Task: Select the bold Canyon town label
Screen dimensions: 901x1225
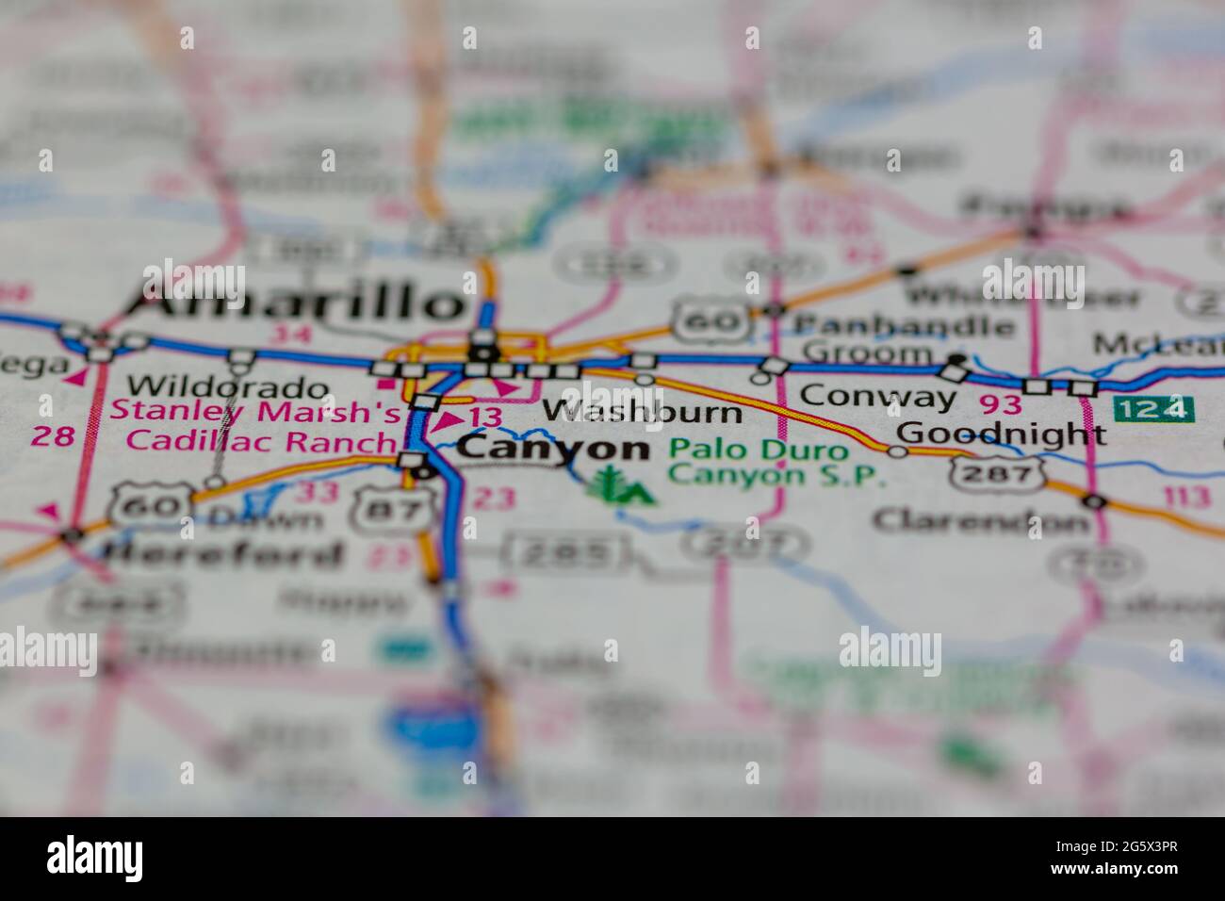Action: coord(553,449)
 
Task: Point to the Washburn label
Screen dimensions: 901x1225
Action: coord(642,411)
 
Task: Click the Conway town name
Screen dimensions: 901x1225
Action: coord(877,396)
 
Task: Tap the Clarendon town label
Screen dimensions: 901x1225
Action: coord(980,519)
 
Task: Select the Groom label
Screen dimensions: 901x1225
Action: coord(868,354)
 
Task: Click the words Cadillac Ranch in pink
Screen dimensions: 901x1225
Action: coord(261,441)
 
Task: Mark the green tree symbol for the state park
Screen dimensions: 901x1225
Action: coord(609,484)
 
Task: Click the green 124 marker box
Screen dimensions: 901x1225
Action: coord(1152,410)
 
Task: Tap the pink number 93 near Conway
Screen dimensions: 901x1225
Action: coord(999,403)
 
